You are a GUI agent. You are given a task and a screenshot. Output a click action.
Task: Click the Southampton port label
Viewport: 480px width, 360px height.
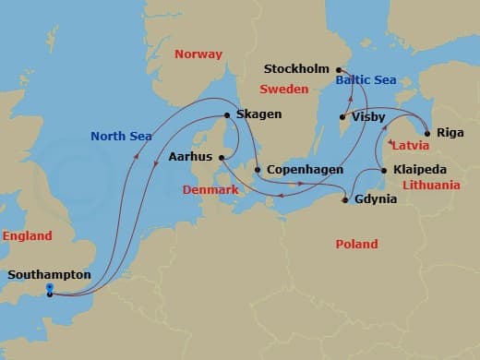point(49,274)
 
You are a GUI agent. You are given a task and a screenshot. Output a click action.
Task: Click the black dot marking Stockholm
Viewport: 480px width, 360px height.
point(339,70)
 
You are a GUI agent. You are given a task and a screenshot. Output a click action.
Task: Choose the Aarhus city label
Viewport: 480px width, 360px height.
point(190,158)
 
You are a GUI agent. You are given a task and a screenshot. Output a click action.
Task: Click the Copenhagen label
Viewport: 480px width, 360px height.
point(304,171)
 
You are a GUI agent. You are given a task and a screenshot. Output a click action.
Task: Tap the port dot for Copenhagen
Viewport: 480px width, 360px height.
point(258,171)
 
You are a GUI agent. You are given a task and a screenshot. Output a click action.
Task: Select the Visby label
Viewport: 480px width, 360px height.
point(368,117)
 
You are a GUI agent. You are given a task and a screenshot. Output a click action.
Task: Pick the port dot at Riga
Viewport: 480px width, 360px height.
point(426,132)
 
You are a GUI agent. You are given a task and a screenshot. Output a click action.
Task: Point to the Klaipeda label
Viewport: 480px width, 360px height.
point(420,171)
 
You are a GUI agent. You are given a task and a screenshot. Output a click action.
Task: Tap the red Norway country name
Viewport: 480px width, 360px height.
point(199,54)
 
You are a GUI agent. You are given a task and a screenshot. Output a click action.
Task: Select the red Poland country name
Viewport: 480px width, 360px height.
point(356,244)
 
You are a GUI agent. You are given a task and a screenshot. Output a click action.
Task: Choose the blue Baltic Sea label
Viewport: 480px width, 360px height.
point(366,80)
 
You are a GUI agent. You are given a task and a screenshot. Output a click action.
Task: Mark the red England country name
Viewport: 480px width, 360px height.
point(27,236)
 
